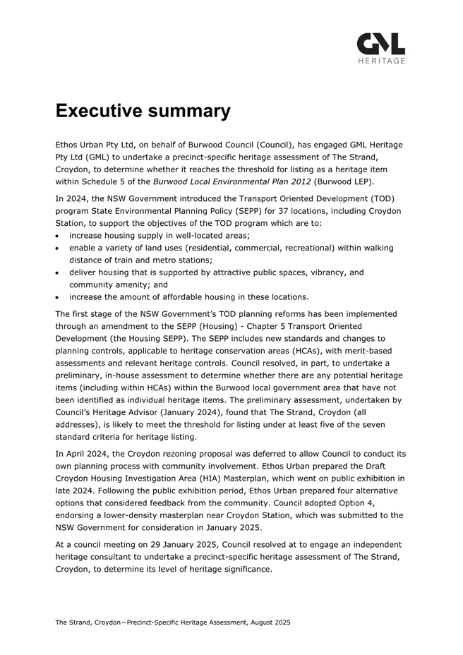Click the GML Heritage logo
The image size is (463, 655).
(381, 48)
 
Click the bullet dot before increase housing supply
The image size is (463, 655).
(59, 236)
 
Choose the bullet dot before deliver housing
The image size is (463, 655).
(59, 272)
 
